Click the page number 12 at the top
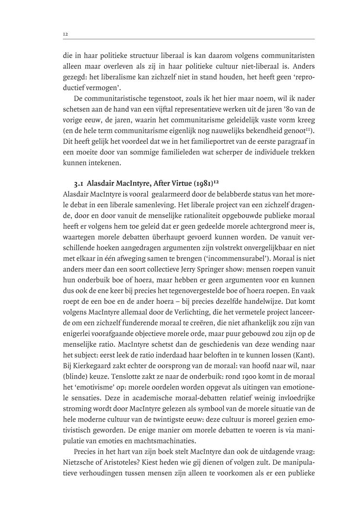click(65, 34)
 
